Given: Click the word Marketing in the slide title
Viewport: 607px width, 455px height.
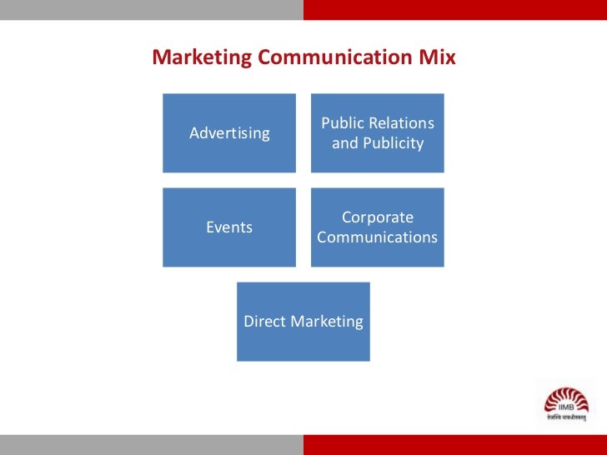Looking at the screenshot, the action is click(201, 57).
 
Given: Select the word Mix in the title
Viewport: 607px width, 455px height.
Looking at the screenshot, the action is click(439, 57).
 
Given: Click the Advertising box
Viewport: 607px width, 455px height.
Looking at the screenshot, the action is click(229, 132).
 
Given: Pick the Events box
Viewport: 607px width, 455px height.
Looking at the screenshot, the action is click(229, 227).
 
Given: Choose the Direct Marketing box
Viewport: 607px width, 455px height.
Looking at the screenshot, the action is click(303, 322).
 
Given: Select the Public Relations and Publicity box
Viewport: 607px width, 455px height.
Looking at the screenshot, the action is click(378, 132).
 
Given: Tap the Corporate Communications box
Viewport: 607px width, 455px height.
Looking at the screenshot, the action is click(378, 227).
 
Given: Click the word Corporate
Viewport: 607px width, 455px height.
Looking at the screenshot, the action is click(378, 217).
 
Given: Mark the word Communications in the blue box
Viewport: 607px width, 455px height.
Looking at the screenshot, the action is click(378, 237).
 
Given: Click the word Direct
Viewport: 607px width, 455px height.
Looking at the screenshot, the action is click(263, 322).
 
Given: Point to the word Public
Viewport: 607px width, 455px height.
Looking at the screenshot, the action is click(342, 123).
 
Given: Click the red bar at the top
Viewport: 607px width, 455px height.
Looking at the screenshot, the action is click(454, 9).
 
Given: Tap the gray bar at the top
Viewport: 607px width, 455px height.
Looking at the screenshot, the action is click(151, 9).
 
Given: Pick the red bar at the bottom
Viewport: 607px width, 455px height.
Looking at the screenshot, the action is click(454, 444).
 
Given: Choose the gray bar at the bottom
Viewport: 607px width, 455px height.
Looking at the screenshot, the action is click(151, 444).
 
